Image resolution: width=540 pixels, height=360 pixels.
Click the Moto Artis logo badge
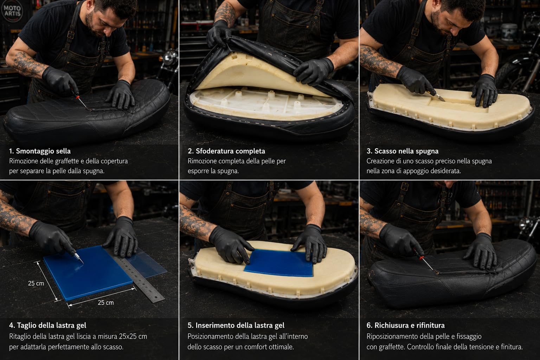pyautogui.click(x=12, y=11)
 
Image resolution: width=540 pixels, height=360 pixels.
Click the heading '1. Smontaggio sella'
pyautogui.click(x=40, y=151)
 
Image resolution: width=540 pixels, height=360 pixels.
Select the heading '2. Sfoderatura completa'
pyautogui.click(x=226, y=151)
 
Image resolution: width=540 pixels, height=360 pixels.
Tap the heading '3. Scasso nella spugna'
pyautogui.click(x=402, y=151)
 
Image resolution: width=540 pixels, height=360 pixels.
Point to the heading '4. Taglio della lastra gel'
pyautogui.click(x=47, y=326)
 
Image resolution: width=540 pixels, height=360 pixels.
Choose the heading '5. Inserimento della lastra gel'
pyautogui.click(x=236, y=326)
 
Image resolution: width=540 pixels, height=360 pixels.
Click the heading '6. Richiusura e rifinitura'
pyautogui.click(x=405, y=326)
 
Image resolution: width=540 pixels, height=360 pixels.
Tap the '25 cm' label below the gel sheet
pyautogui.click(x=105, y=303)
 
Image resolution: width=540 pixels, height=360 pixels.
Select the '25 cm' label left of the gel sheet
pyautogui.click(x=36, y=283)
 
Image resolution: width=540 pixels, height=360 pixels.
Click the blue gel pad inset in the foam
pyautogui.click(x=279, y=263)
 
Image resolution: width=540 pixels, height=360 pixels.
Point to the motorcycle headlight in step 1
pyautogui.click(x=170, y=57)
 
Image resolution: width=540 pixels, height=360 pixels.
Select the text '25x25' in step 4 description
pyautogui.click(x=127, y=336)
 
